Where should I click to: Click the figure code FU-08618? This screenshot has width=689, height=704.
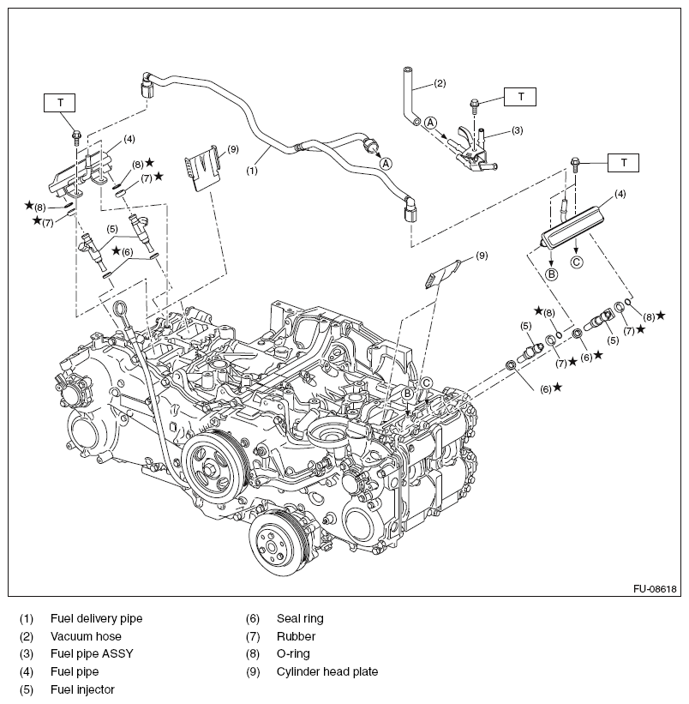tap(656, 589)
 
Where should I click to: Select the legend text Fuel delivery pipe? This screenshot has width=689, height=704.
tap(96, 617)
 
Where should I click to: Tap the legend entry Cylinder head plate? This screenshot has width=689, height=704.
tap(327, 671)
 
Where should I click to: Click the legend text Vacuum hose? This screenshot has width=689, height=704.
tap(86, 635)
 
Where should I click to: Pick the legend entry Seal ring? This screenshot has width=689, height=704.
tap(300, 617)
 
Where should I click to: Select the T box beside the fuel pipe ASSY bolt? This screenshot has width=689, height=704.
tap(520, 97)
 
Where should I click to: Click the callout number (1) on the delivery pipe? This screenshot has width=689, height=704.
tap(252, 171)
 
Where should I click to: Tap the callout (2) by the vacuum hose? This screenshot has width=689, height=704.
tap(440, 83)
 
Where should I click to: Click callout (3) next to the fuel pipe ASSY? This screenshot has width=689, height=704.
tap(517, 130)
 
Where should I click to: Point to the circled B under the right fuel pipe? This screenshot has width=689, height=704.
tap(553, 274)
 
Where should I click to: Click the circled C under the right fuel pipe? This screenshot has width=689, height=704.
tap(577, 262)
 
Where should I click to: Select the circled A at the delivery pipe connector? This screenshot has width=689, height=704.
tap(386, 162)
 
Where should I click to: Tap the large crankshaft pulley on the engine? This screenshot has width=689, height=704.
tap(215, 466)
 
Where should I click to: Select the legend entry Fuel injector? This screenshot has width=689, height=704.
tap(82, 689)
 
